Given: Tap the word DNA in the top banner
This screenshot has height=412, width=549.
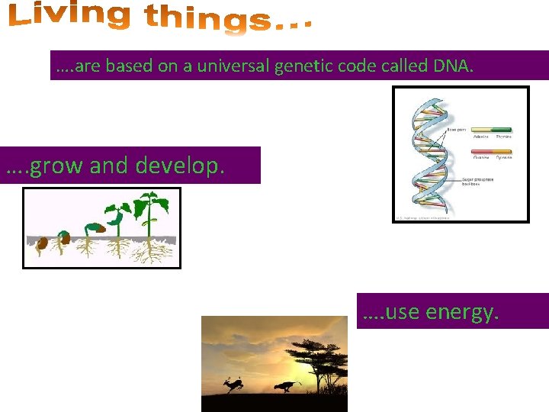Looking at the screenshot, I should [453, 66].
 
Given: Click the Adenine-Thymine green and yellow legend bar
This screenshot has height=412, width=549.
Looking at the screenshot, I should [493, 130].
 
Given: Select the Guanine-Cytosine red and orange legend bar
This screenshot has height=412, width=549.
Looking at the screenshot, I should [493, 152].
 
